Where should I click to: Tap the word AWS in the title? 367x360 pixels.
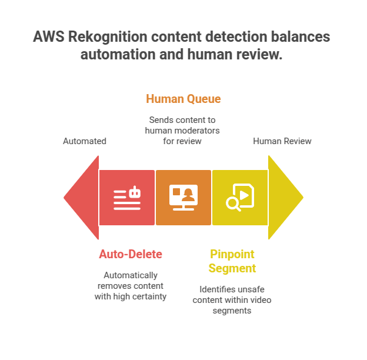[x=48, y=37]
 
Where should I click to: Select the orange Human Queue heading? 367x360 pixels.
[x=183, y=98]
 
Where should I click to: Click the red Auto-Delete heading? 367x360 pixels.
[x=131, y=254]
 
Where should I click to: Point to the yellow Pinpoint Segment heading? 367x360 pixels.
[x=233, y=261]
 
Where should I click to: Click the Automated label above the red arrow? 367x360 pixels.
[x=85, y=141]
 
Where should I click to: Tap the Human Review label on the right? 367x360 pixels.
[x=282, y=141]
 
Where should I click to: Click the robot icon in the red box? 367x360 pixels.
[x=127, y=198]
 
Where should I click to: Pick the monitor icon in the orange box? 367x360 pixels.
[x=183, y=198]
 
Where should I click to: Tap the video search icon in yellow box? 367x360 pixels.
[x=240, y=198]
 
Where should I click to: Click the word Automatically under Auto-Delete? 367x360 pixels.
[x=131, y=275]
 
